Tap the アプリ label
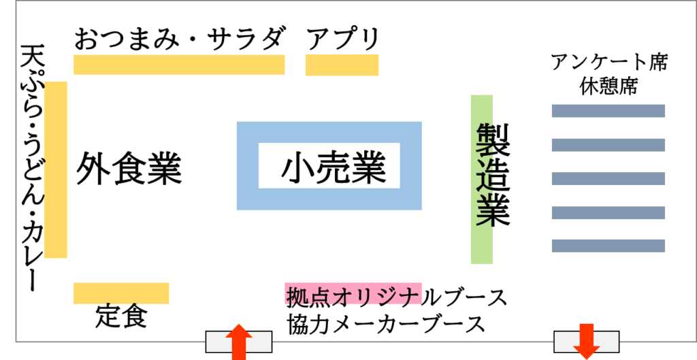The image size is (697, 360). (x=342, y=39)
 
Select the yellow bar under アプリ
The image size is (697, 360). (x=342, y=65)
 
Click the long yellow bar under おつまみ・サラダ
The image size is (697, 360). (x=178, y=65)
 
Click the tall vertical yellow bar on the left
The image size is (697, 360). (x=56, y=169)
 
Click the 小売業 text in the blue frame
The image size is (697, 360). (x=333, y=167)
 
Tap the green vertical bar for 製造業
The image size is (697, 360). (x=481, y=179)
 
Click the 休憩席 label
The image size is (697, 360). (x=609, y=86)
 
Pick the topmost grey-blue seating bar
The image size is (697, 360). (x=608, y=111)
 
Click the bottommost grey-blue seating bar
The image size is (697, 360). (x=608, y=246)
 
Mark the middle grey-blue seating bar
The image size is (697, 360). (x=608, y=178)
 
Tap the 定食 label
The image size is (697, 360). (x=121, y=316)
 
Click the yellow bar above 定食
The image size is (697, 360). (x=121, y=293)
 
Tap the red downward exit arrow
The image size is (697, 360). (x=586, y=342)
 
